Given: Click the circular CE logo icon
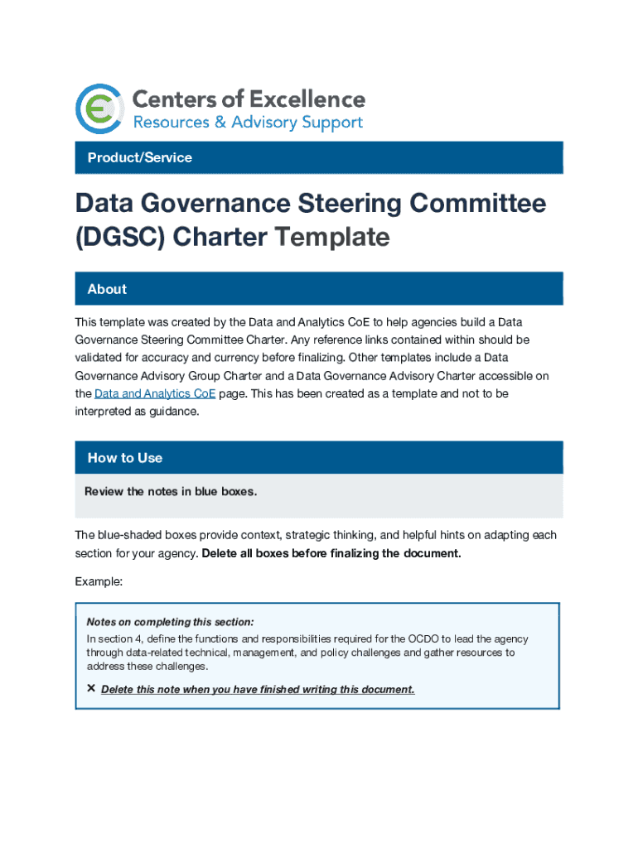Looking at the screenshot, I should (x=99, y=108).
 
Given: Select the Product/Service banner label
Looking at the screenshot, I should (x=139, y=157).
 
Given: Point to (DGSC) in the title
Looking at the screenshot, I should (x=119, y=238).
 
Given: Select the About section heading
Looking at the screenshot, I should (x=107, y=289).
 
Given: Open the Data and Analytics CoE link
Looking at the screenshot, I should (x=154, y=394).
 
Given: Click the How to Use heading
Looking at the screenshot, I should (x=124, y=458).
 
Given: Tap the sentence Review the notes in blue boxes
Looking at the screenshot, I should (x=171, y=492).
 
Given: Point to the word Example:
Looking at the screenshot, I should (x=99, y=582).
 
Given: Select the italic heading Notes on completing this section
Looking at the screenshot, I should (x=170, y=622).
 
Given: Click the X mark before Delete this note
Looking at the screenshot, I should (x=91, y=689).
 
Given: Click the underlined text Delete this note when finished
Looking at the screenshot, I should (x=258, y=690).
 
